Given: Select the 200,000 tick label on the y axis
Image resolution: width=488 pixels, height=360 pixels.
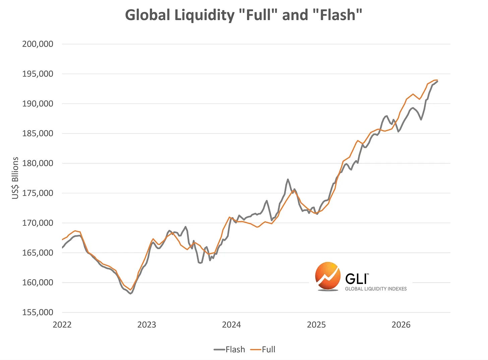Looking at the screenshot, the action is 38,44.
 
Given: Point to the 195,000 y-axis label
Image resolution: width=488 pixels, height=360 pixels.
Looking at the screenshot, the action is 38,74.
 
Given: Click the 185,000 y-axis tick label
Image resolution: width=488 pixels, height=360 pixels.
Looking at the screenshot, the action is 38,134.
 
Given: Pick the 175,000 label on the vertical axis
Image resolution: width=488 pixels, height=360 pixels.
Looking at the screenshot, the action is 38,193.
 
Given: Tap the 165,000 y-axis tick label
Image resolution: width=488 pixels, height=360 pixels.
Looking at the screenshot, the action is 38,253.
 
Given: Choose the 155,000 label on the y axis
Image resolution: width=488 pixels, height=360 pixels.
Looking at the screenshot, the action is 38,312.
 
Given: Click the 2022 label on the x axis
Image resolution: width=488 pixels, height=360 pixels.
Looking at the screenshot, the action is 62,325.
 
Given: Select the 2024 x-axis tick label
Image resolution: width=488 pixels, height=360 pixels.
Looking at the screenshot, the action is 232,325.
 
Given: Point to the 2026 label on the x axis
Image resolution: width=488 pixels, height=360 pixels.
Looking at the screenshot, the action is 401,325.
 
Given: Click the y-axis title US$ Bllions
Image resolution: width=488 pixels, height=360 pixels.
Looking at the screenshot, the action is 15,178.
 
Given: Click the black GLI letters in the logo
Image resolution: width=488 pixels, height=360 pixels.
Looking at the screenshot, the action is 356,279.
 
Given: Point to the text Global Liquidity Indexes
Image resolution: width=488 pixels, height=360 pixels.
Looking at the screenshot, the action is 376,289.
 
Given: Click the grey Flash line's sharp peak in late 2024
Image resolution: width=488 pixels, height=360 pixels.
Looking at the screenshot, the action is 288,179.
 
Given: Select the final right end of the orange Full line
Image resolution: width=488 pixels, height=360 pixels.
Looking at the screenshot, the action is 437,80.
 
